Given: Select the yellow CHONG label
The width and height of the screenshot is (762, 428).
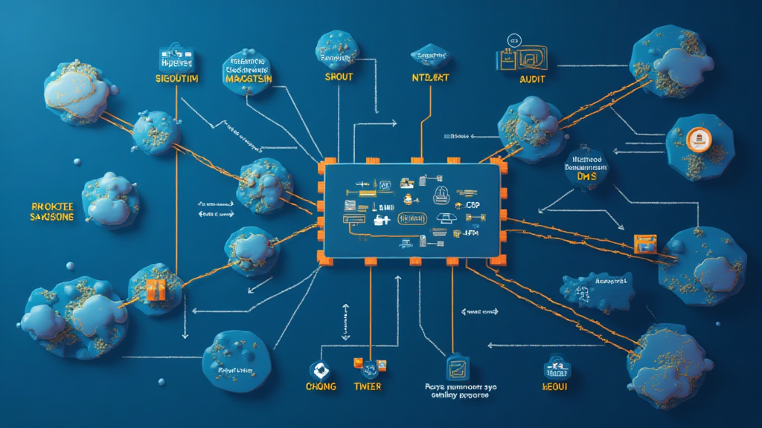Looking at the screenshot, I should point(321,387).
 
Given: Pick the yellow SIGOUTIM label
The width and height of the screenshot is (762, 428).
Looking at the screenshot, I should point(176,78).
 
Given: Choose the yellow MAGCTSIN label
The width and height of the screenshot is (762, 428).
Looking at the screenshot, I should point(249,79).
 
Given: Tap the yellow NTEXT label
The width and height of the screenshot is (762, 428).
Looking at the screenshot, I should point(431,77).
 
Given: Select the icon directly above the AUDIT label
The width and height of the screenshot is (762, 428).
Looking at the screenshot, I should point(521,58).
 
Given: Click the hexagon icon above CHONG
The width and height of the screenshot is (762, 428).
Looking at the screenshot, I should point(321,369).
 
